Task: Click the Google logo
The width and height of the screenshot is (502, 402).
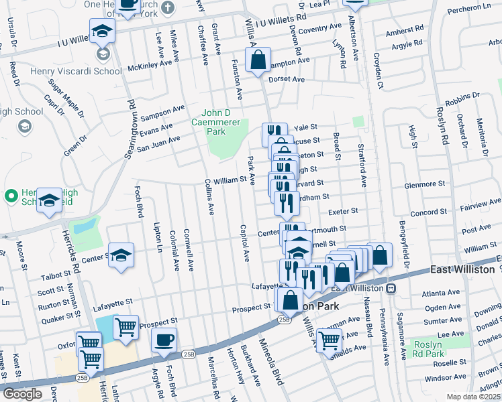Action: pos(22,394)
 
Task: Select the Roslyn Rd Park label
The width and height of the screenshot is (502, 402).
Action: pos(427,349)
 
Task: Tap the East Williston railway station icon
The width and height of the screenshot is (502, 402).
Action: pos(390,287)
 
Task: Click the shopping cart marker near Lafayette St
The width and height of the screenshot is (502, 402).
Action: pos(125,327)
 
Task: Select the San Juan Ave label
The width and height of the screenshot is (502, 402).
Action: pos(158,139)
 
